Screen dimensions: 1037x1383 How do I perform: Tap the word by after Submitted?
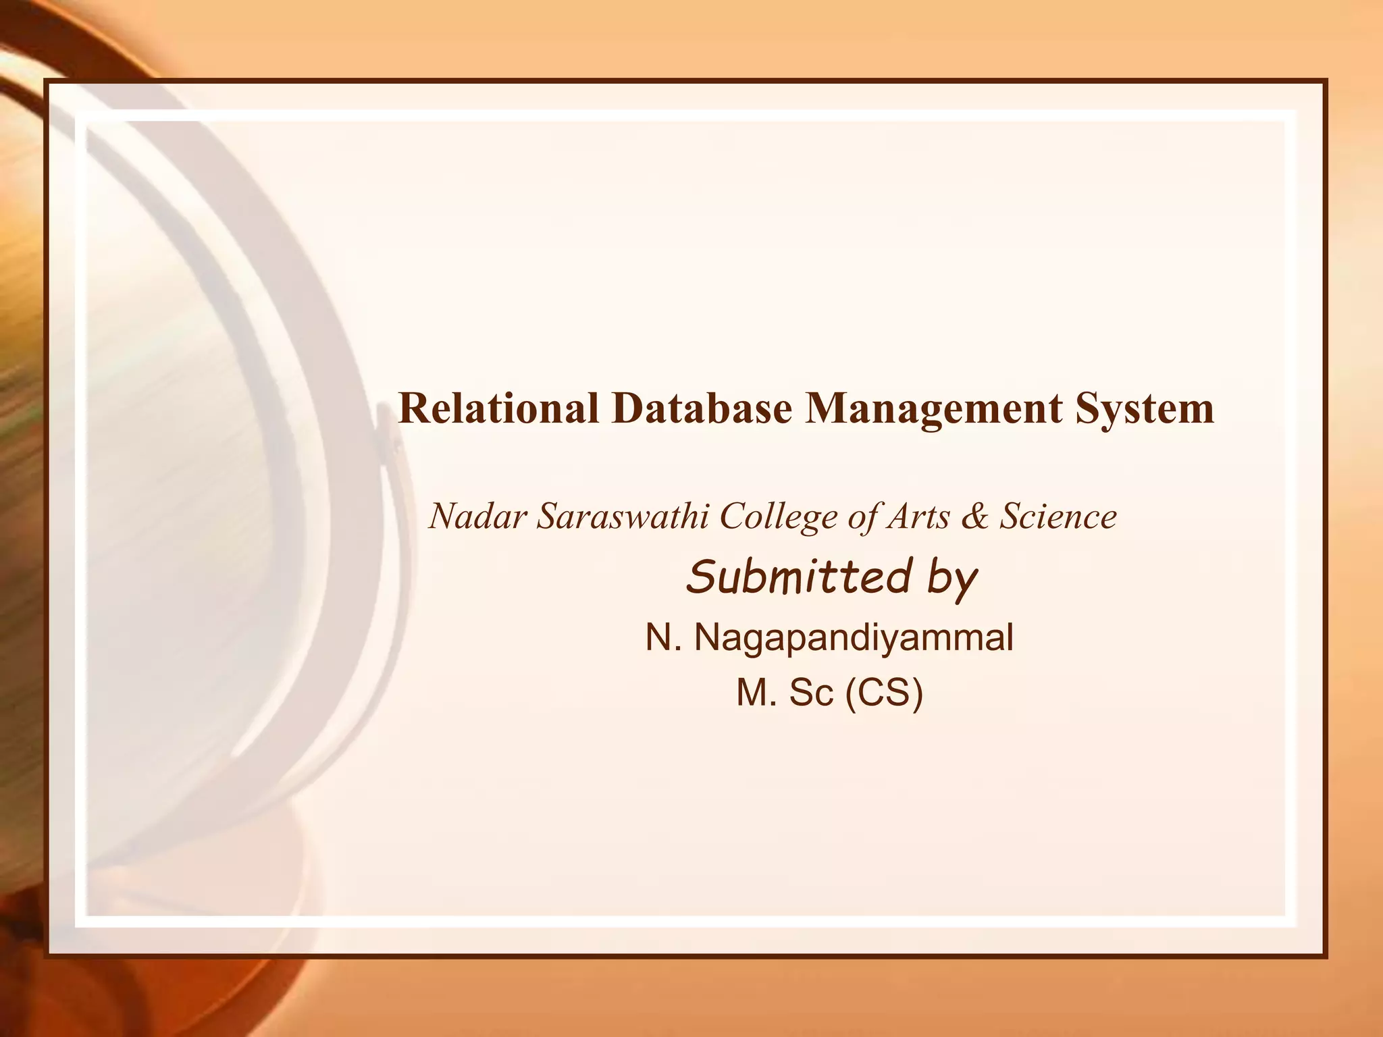[952, 581]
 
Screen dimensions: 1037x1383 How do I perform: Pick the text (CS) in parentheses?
[884, 693]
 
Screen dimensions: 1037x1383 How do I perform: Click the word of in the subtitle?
[866, 517]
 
